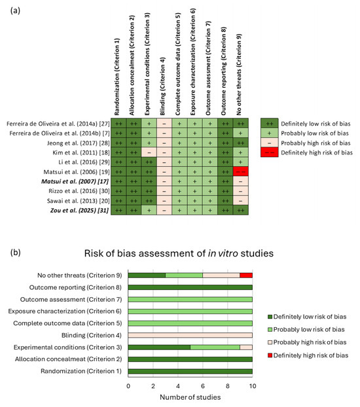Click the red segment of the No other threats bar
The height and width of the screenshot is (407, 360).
click(246, 275)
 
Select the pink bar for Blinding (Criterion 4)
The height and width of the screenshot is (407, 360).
click(190, 335)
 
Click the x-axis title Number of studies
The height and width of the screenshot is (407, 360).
click(190, 397)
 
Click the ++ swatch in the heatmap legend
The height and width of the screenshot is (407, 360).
click(268, 123)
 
